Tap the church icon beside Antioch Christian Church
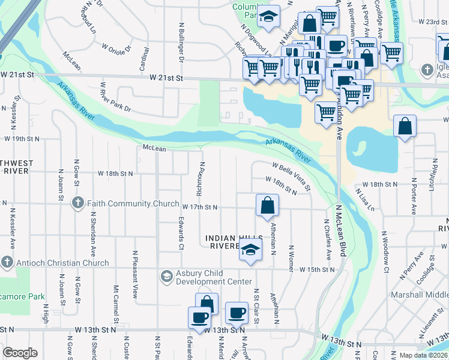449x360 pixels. coord(7,263)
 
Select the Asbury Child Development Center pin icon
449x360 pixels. coord(166,277)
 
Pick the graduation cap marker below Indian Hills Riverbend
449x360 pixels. coord(250,251)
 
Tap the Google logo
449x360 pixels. coord(20,353)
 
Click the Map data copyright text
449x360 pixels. coord(423,355)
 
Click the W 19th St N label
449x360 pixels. coord(22,138)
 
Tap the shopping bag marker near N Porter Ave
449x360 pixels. coord(405,127)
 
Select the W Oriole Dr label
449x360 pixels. coord(116,46)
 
